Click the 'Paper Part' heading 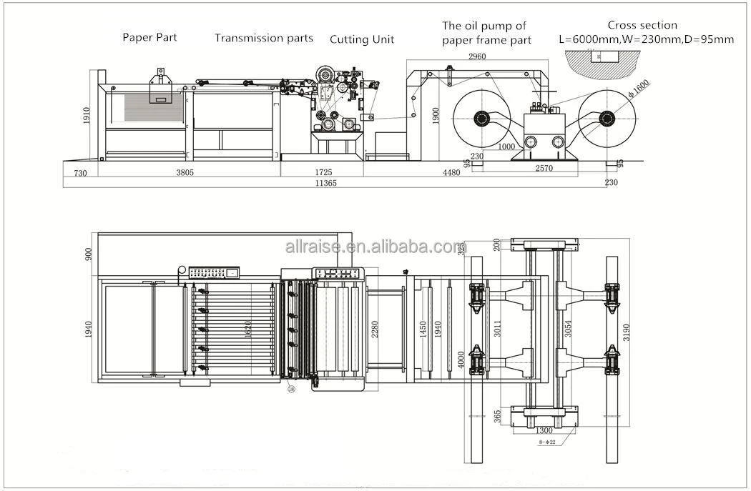pyautogui.click(x=149, y=37)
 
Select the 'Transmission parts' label pyautogui.click(x=264, y=38)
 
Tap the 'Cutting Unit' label pyautogui.click(x=362, y=39)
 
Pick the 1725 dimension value pyautogui.click(x=324, y=172)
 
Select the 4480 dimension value pyautogui.click(x=451, y=172)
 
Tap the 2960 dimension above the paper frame pyautogui.click(x=478, y=56)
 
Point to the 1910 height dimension pyautogui.click(x=87, y=116)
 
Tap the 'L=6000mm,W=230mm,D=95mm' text pyautogui.click(x=646, y=40)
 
